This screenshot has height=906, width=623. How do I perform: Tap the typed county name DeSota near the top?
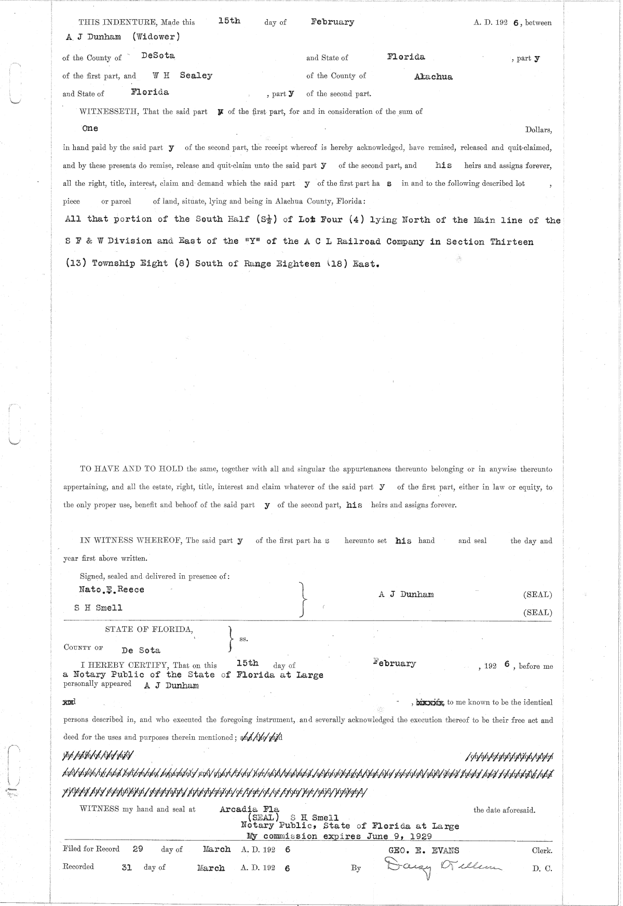tap(158, 55)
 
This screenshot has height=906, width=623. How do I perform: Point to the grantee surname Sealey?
tap(196, 75)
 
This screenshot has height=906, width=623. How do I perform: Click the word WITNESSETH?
tap(109, 112)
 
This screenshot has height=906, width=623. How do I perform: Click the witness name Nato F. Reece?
tap(111, 590)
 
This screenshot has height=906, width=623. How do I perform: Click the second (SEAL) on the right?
tap(537, 613)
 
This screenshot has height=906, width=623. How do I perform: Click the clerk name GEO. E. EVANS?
tap(424, 850)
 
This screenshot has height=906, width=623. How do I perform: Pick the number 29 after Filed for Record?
tap(138, 849)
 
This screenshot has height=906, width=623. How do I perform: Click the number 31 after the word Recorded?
tap(127, 867)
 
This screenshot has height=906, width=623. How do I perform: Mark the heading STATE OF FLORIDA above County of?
tap(150, 630)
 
